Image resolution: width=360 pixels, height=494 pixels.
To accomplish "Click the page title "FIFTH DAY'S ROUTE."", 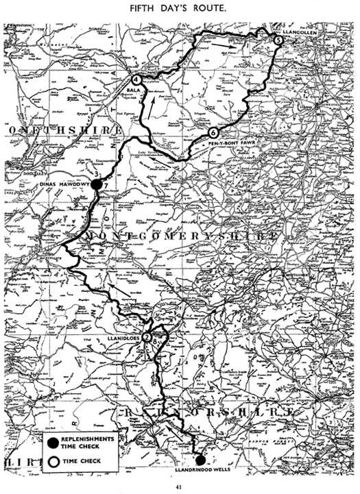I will pos(180,10).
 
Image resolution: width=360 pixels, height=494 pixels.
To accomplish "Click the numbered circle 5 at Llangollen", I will pos(278,40).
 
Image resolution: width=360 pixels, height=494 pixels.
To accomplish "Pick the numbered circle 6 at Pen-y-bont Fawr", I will pos(213,132).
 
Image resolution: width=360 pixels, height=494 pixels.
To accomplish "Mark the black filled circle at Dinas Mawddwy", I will pos(97,184).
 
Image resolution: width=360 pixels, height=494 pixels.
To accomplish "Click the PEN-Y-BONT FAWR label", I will pos(226,145).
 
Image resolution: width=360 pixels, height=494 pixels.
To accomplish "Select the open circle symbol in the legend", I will pos(52,461).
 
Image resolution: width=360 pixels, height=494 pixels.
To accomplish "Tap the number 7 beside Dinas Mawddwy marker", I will pos(106,184).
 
